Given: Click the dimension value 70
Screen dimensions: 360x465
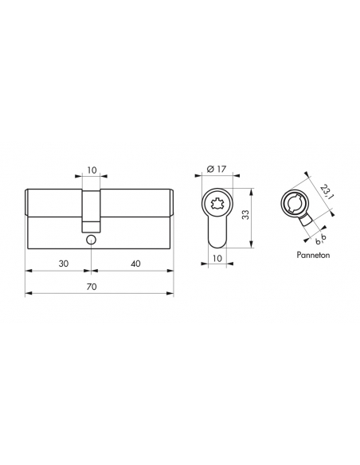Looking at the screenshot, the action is tap(92, 287).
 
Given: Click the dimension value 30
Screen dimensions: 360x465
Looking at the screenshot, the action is tap(63, 264).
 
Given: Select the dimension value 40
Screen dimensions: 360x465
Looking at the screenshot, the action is tap(135, 264).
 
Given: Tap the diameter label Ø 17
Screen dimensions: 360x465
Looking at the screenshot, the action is tap(216, 169).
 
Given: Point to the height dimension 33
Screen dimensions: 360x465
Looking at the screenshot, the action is tap(245, 215).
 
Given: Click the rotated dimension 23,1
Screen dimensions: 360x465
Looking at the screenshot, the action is tap(326, 193).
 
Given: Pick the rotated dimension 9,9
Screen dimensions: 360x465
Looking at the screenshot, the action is tap(320, 240).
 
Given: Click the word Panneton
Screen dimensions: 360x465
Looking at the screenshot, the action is tap(313, 255).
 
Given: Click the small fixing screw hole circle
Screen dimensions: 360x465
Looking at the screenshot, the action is tap(91, 240).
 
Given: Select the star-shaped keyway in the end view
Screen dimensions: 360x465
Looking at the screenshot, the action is tap(217, 204).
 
